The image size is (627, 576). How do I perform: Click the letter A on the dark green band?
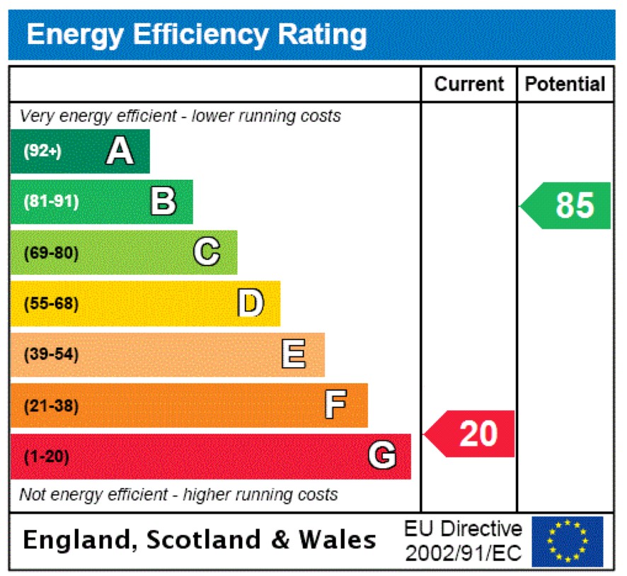120,151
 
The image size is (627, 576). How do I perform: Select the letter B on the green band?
163,202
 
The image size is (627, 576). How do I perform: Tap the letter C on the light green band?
207,252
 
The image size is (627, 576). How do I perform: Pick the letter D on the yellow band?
250,303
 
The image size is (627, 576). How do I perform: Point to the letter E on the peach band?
294,354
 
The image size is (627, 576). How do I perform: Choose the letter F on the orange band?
336,405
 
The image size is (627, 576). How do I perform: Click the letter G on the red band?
381,456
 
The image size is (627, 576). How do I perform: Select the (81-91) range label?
51,202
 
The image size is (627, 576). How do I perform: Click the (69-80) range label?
51,253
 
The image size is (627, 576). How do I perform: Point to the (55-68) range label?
51,304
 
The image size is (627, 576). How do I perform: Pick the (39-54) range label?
51,355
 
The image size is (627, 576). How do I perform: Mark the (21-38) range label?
51,406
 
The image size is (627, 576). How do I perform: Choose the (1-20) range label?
47,457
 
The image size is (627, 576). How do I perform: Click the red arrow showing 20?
471,434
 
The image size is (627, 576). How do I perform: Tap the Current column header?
468,84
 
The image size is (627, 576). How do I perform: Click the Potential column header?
565,84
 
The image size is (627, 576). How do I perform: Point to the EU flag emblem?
568,541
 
